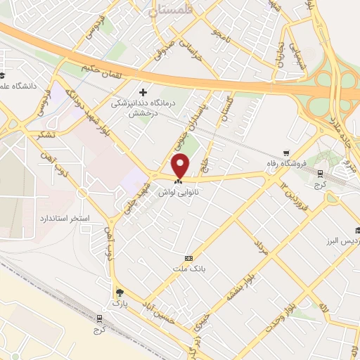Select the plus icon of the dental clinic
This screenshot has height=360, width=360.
click(x=144, y=92)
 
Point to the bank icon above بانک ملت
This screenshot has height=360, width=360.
click(x=188, y=258)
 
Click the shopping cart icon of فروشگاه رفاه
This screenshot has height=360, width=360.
click(x=285, y=153)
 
